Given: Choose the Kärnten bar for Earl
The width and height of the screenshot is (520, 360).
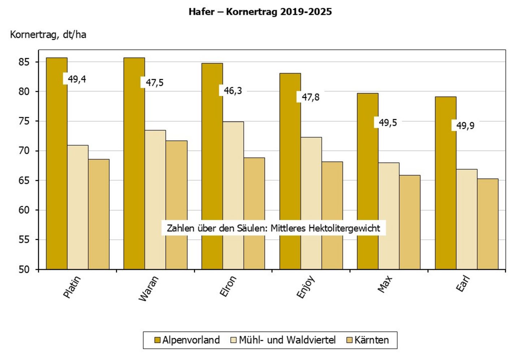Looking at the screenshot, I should click(487, 224).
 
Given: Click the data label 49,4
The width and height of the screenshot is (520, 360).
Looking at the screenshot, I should click(77, 79).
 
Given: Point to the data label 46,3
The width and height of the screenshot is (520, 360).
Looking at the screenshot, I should click(233, 91).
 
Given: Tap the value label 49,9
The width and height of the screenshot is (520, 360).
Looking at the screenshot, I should click(465, 126).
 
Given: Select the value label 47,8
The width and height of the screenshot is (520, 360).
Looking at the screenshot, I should click(310, 97).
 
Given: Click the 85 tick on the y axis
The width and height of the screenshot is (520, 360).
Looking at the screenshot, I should click(24, 62).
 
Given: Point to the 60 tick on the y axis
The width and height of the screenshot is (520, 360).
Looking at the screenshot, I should click(24, 210).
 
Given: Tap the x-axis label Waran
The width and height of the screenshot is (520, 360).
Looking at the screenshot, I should click(148, 288).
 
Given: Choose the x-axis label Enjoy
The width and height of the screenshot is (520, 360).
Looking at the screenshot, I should click(305, 287).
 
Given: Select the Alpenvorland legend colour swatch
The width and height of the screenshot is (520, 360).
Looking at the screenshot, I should click(157, 340).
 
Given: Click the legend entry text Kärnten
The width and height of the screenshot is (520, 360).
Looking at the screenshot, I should click(372, 340).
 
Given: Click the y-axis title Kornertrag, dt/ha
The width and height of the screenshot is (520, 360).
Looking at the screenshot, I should click(48, 35).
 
